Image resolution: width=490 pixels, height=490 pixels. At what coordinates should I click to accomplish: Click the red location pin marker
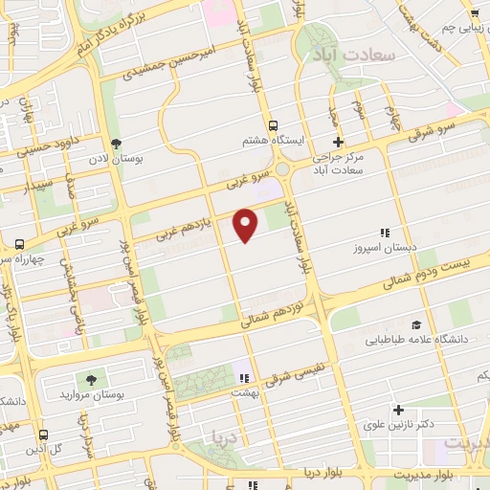pos(247,223)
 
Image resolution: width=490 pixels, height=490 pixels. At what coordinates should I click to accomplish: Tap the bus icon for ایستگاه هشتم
pos(274,125)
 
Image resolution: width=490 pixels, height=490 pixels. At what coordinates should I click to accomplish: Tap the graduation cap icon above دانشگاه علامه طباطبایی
pos(415,324)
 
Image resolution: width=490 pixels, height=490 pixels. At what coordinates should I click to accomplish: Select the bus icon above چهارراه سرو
pos(20,244)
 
